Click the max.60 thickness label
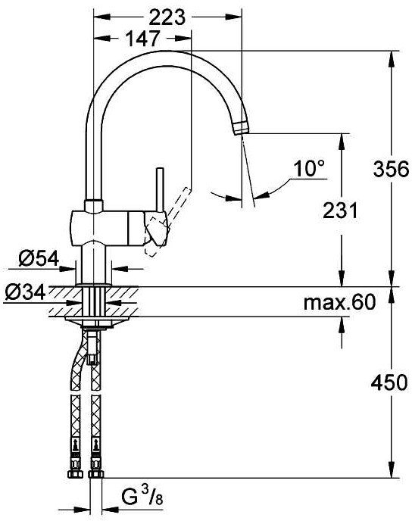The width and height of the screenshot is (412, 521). [339, 303]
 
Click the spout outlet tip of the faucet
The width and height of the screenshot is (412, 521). [241, 126]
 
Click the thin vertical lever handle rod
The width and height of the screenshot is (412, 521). [160, 189]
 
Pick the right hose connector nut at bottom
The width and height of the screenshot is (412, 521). [95, 476]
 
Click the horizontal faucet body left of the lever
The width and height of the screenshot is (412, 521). [98, 226]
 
